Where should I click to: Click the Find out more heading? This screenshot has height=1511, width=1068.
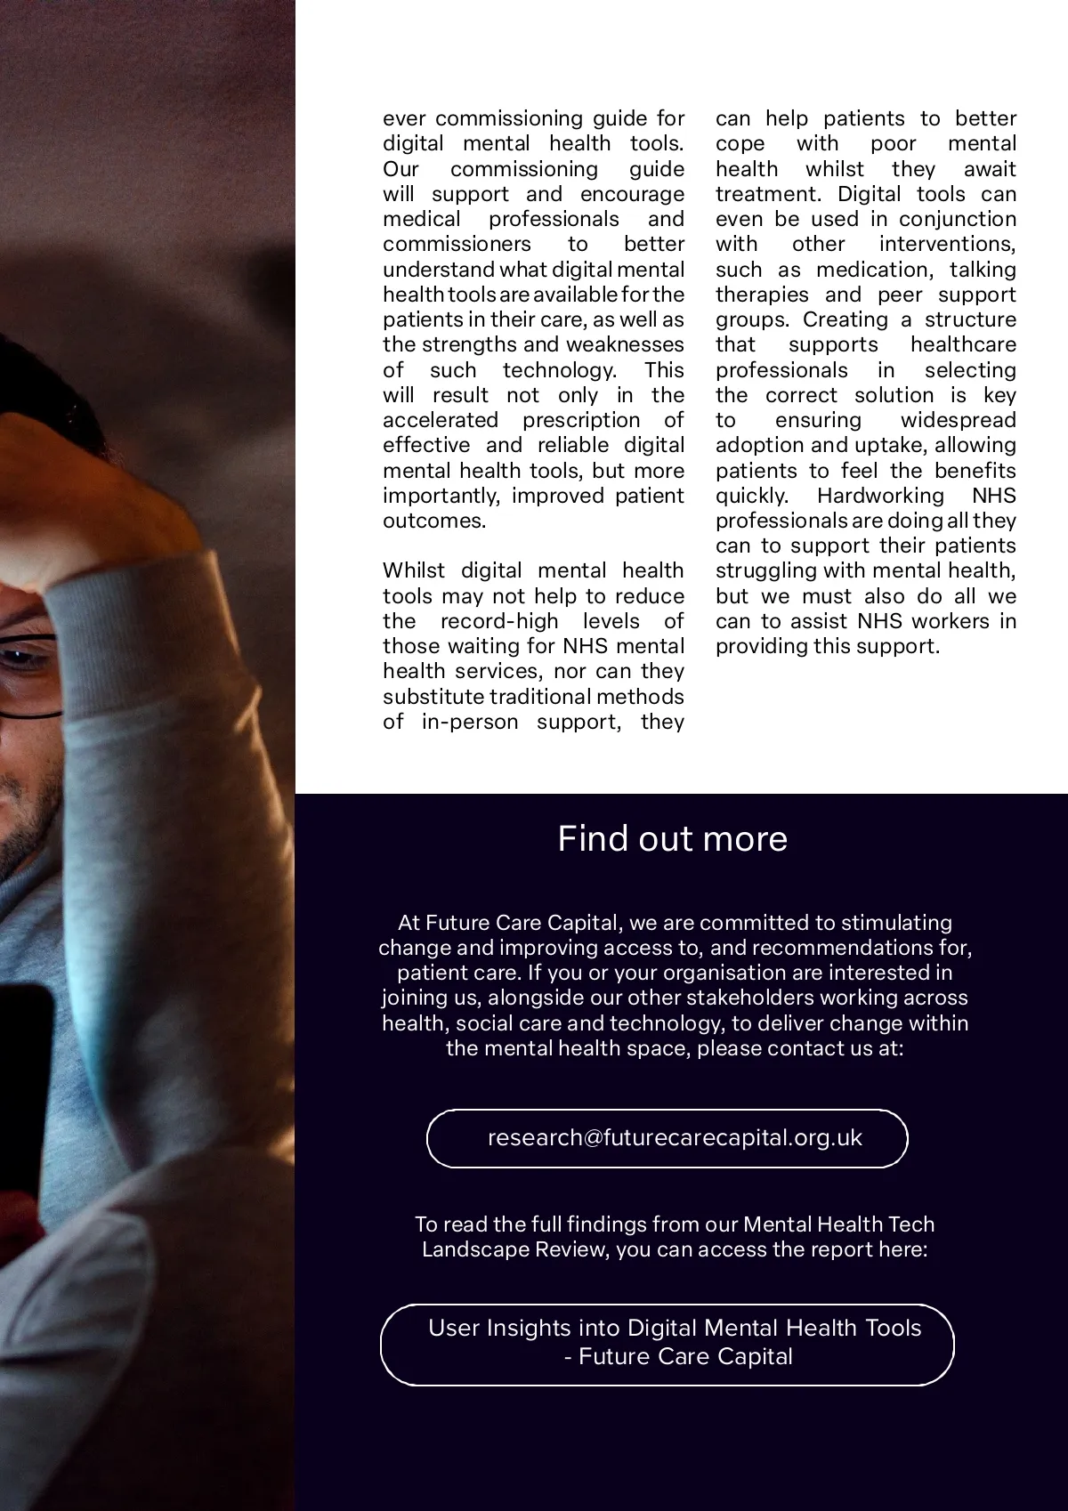(x=672, y=839)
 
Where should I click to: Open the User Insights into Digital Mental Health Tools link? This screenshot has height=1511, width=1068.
(x=667, y=1344)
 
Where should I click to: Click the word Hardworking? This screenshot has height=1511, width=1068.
(x=880, y=496)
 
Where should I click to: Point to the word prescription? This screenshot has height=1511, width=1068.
(x=581, y=420)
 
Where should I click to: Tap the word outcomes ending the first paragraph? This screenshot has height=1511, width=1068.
(x=433, y=521)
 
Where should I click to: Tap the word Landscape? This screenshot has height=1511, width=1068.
(x=471, y=1249)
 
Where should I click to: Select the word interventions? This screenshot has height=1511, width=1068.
(x=947, y=244)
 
